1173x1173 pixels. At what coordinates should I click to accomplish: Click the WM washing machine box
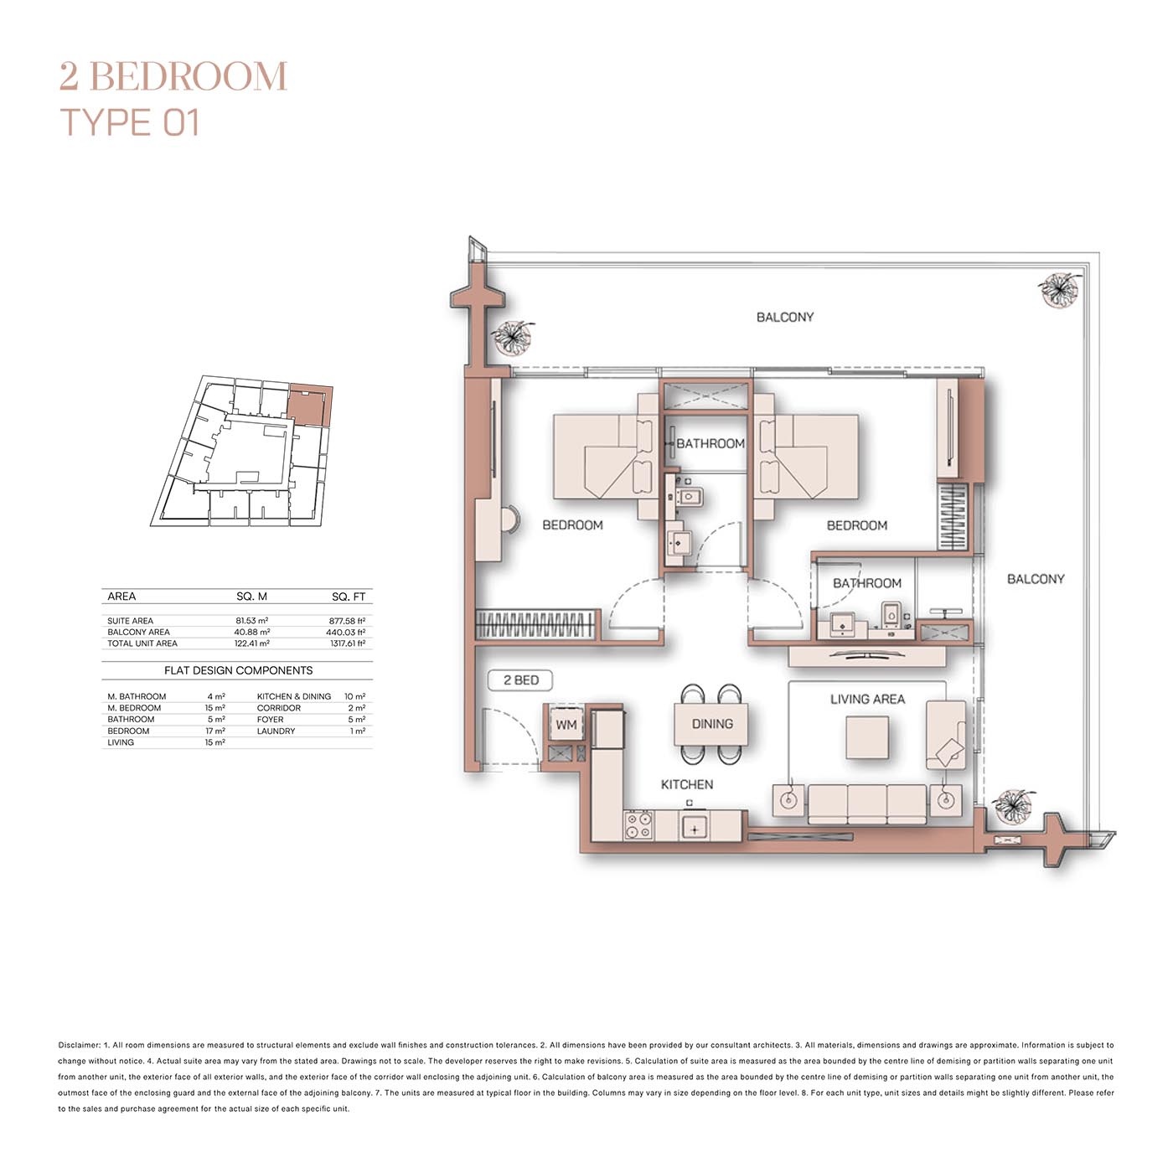[x=566, y=725]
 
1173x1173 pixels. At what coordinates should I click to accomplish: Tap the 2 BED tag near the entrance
[x=520, y=680]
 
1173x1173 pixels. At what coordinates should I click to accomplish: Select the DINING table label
[x=711, y=724]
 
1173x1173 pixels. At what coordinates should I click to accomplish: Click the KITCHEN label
[x=686, y=784]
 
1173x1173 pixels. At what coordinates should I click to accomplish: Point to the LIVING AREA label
[x=867, y=699]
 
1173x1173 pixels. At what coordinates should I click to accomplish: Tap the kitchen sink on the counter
[x=694, y=828]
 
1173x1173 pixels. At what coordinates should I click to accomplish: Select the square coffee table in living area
[x=866, y=738]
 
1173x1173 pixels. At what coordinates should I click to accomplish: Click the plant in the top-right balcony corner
[x=1059, y=290]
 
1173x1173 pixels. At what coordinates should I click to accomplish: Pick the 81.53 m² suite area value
[x=251, y=621]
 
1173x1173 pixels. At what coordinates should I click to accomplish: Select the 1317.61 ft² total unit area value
[x=347, y=643]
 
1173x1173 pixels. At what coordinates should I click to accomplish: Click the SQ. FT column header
[x=348, y=597]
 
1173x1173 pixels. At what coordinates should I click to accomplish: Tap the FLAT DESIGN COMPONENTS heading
[x=238, y=670]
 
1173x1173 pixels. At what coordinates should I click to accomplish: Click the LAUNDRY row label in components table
[x=276, y=731]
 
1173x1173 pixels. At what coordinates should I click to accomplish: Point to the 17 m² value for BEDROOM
[x=214, y=731]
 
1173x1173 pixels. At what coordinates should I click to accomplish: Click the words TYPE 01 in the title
[x=130, y=122]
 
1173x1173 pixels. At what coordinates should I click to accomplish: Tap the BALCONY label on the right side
[x=1035, y=579]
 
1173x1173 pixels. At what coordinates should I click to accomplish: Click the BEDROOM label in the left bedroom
[x=572, y=525]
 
